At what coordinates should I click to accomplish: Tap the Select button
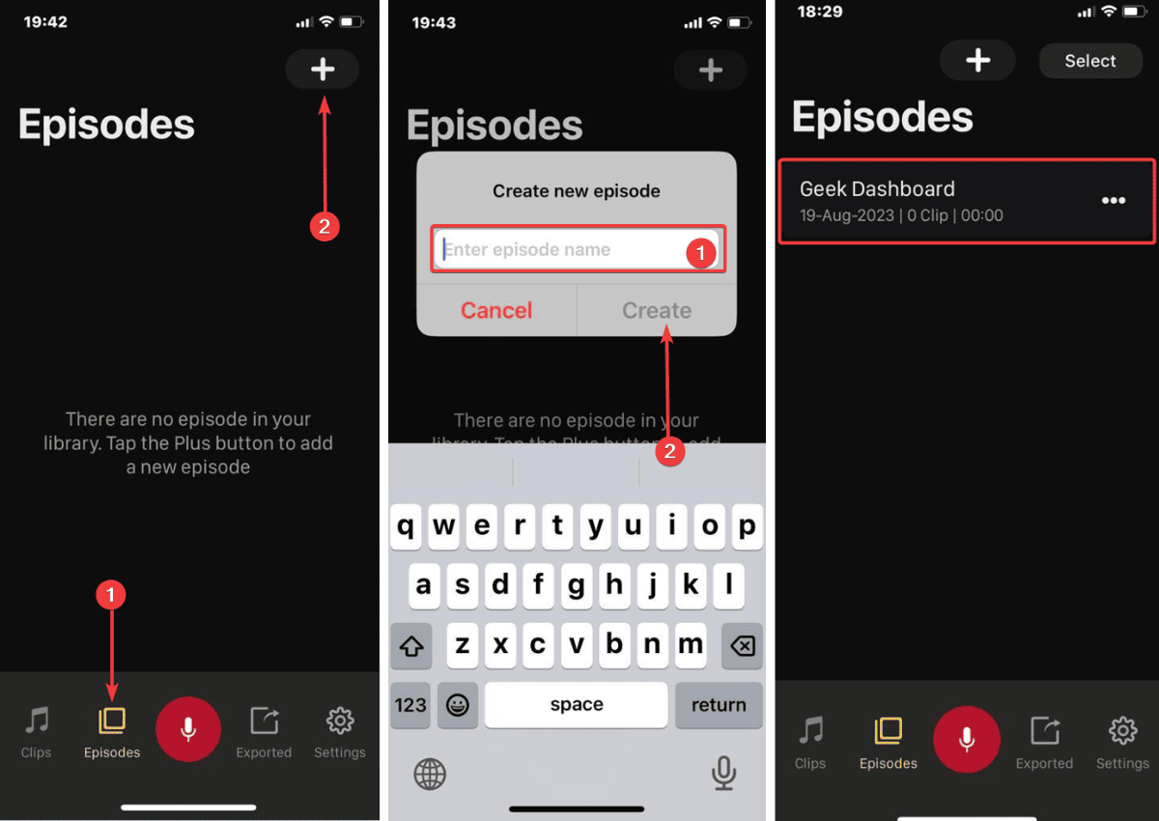(x=1089, y=61)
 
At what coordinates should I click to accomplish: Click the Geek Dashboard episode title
(x=877, y=189)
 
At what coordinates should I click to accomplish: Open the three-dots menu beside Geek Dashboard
(x=1114, y=201)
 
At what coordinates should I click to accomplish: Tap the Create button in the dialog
(x=657, y=310)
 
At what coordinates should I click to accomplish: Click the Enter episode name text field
(x=560, y=250)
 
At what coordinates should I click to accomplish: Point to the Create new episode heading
(x=577, y=191)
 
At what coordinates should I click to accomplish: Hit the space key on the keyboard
(x=576, y=705)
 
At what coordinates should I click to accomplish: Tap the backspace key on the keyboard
(x=741, y=645)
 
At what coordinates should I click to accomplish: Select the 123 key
(x=410, y=705)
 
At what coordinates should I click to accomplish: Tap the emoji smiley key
(x=458, y=705)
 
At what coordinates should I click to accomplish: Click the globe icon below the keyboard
(x=430, y=774)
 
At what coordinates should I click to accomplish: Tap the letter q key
(x=407, y=527)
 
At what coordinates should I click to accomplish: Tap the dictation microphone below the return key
(x=723, y=773)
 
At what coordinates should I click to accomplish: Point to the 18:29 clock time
(x=821, y=12)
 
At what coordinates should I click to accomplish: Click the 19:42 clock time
(x=45, y=21)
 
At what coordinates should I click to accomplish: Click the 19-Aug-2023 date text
(x=847, y=215)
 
